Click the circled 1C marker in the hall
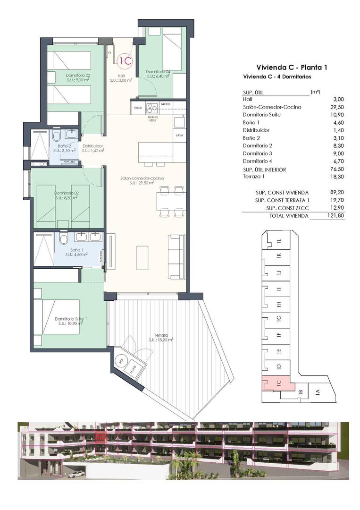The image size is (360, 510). click(x=126, y=60)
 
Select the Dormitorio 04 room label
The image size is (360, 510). click(x=158, y=72)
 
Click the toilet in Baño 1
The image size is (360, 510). click(x=63, y=239)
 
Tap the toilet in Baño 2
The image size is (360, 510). click(x=56, y=137)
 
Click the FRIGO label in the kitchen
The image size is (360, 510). click(x=138, y=108)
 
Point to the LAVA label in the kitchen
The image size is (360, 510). click(x=179, y=135)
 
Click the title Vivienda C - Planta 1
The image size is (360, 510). click(x=291, y=67)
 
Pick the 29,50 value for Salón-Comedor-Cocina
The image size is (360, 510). click(x=337, y=107)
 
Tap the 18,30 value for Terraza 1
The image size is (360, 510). click(x=337, y=177)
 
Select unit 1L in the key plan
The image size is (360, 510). click(x=279, y=242)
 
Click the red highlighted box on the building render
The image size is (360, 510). click(x=100, y=437)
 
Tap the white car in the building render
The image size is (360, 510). click(x=75, y=473)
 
